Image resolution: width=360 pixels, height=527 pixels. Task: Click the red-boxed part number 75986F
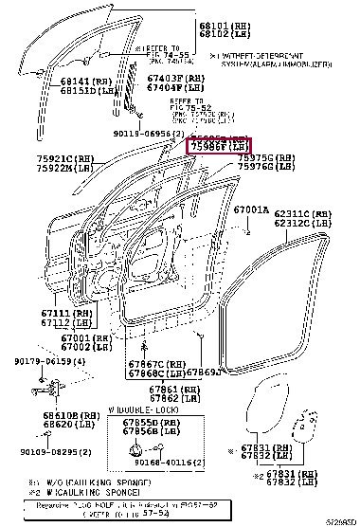pos(217,147)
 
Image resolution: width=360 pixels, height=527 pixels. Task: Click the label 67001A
pos(251,209)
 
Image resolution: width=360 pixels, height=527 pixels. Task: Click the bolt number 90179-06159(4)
pos(44,361)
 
